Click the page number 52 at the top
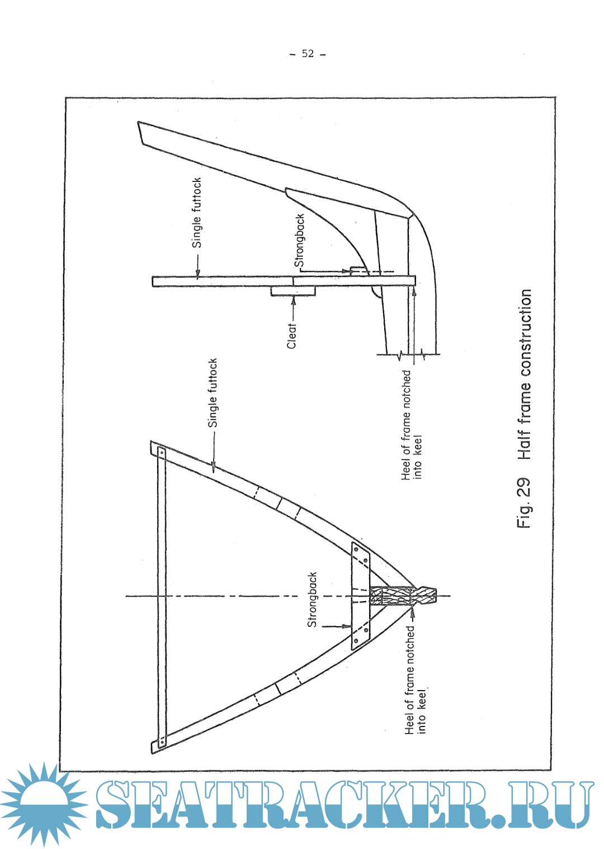pos(308,54)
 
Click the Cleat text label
pos(291,336)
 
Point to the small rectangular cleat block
pos(292,291)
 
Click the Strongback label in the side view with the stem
pos(299,241)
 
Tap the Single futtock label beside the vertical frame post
pos(196,213)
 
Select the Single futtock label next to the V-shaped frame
pos(213,393)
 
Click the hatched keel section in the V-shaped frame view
pos(402,595)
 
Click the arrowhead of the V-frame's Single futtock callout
pos(213,467)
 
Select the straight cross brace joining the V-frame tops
pos(162,598)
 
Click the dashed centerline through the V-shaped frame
pos(288,596)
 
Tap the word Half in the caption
pos(525,444)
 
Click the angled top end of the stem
pos(140,133)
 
